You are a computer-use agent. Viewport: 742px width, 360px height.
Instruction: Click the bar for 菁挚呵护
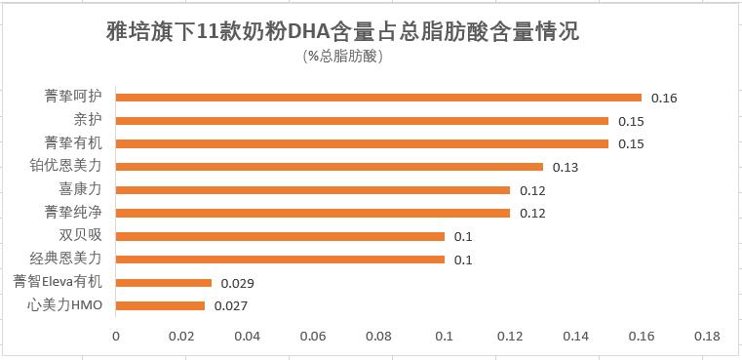[x=378, y=98]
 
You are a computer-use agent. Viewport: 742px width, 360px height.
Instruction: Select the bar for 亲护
[x=362, y=121]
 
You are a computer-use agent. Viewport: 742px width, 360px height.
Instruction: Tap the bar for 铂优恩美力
[x=330, y=167]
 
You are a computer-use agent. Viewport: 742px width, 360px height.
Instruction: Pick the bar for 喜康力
[x=313, y=190]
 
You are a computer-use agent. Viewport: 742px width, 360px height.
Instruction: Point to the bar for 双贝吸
[x=280, y=236]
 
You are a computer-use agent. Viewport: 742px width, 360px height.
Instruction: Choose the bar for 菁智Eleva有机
[x=164, y=283]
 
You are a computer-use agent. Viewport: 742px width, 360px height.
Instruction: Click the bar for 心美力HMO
[x=160, y=305]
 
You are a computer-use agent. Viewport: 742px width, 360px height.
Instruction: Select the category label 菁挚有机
[x=73, y=143]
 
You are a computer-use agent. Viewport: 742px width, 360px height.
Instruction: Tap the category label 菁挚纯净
[x=73, y=213]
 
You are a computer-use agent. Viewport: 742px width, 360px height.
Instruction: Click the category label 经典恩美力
[x=65, y=260]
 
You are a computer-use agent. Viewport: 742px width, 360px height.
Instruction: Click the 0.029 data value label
[x=237, y=283]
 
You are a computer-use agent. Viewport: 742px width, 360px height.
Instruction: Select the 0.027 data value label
[x=231, y=306]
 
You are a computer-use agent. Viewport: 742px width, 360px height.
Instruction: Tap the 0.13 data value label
[x=566, y=167]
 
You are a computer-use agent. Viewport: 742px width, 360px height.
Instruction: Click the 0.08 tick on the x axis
[x=378, y=337]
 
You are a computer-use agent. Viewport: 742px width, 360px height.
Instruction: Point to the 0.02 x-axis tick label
[x=181, y=337]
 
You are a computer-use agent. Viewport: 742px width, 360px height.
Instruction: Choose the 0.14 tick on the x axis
[x=575, y=337]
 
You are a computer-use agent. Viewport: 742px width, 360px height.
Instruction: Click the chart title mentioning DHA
[x=342, y=31]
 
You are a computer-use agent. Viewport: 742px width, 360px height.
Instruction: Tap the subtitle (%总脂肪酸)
[x=343, y=56]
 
